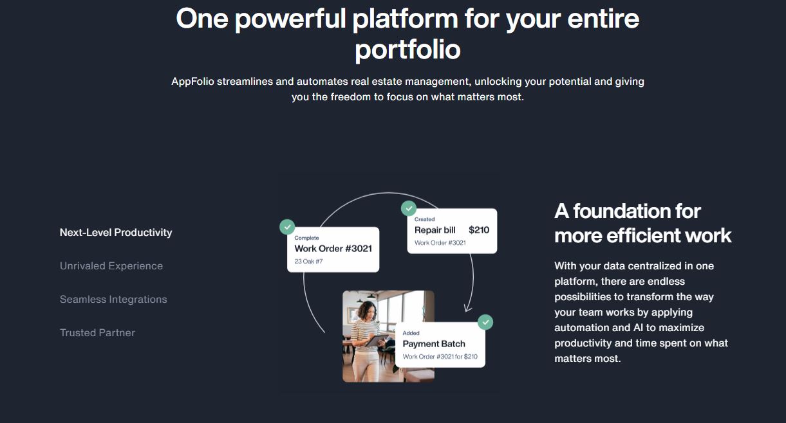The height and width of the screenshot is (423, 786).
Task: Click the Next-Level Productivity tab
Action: coord(116,233)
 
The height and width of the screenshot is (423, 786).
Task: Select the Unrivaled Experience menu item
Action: coord(111,266)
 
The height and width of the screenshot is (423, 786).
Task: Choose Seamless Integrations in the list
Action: coord(113,300)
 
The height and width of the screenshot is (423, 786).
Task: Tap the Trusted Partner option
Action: coord(97,333)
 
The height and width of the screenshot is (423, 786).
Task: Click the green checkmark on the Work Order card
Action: coord(287,227)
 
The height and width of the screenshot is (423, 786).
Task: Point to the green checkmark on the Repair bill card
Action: coord(409,208)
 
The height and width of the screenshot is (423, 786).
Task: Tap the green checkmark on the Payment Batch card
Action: coord(485,321)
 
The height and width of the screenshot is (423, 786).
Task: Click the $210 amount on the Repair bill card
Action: coord(479,230)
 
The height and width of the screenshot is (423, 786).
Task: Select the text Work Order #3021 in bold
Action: coord(333,249)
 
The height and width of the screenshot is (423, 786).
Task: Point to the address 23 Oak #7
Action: coord(308,262)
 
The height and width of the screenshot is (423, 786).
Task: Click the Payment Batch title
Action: coord(433,344)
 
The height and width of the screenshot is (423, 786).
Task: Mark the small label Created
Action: coord(424,219)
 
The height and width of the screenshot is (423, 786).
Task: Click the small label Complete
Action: coord(306,238)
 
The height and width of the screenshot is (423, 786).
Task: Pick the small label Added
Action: coord(411,333)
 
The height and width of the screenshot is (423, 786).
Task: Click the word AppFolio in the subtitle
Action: coord(192,82)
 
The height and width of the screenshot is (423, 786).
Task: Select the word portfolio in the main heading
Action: coord(407,50)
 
